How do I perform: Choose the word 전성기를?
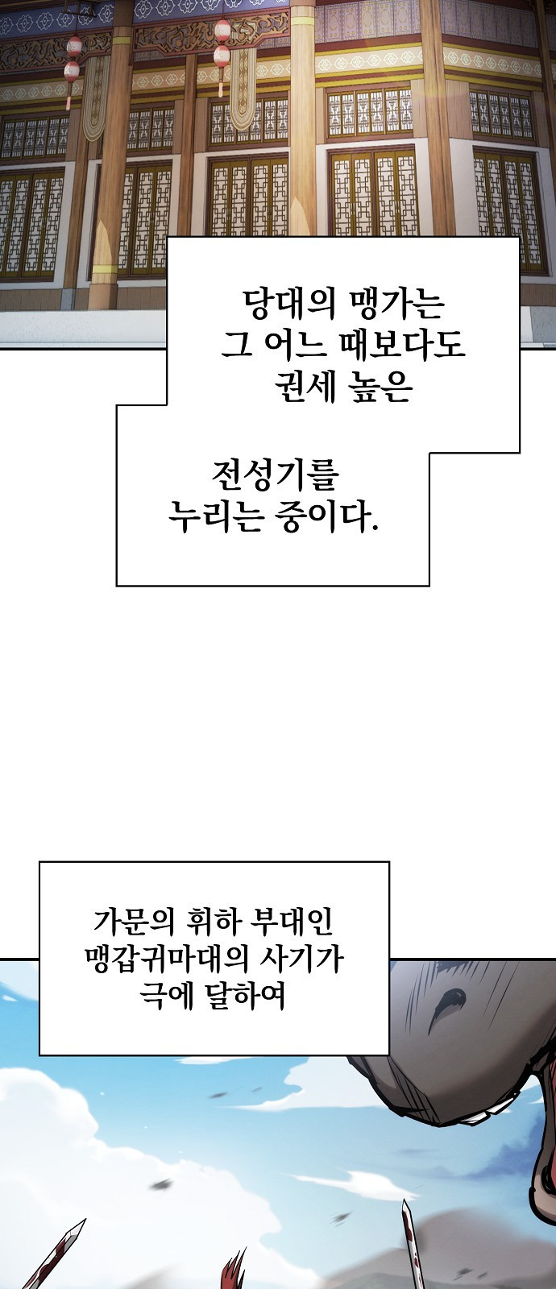pyautogui.click(x=275, y=475)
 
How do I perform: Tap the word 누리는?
pyautogui.click(x=215, y=516)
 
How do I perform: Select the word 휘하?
pyautogui.click(x=210, y=920)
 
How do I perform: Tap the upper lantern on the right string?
pyautogui.click(x=222, y=32)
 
